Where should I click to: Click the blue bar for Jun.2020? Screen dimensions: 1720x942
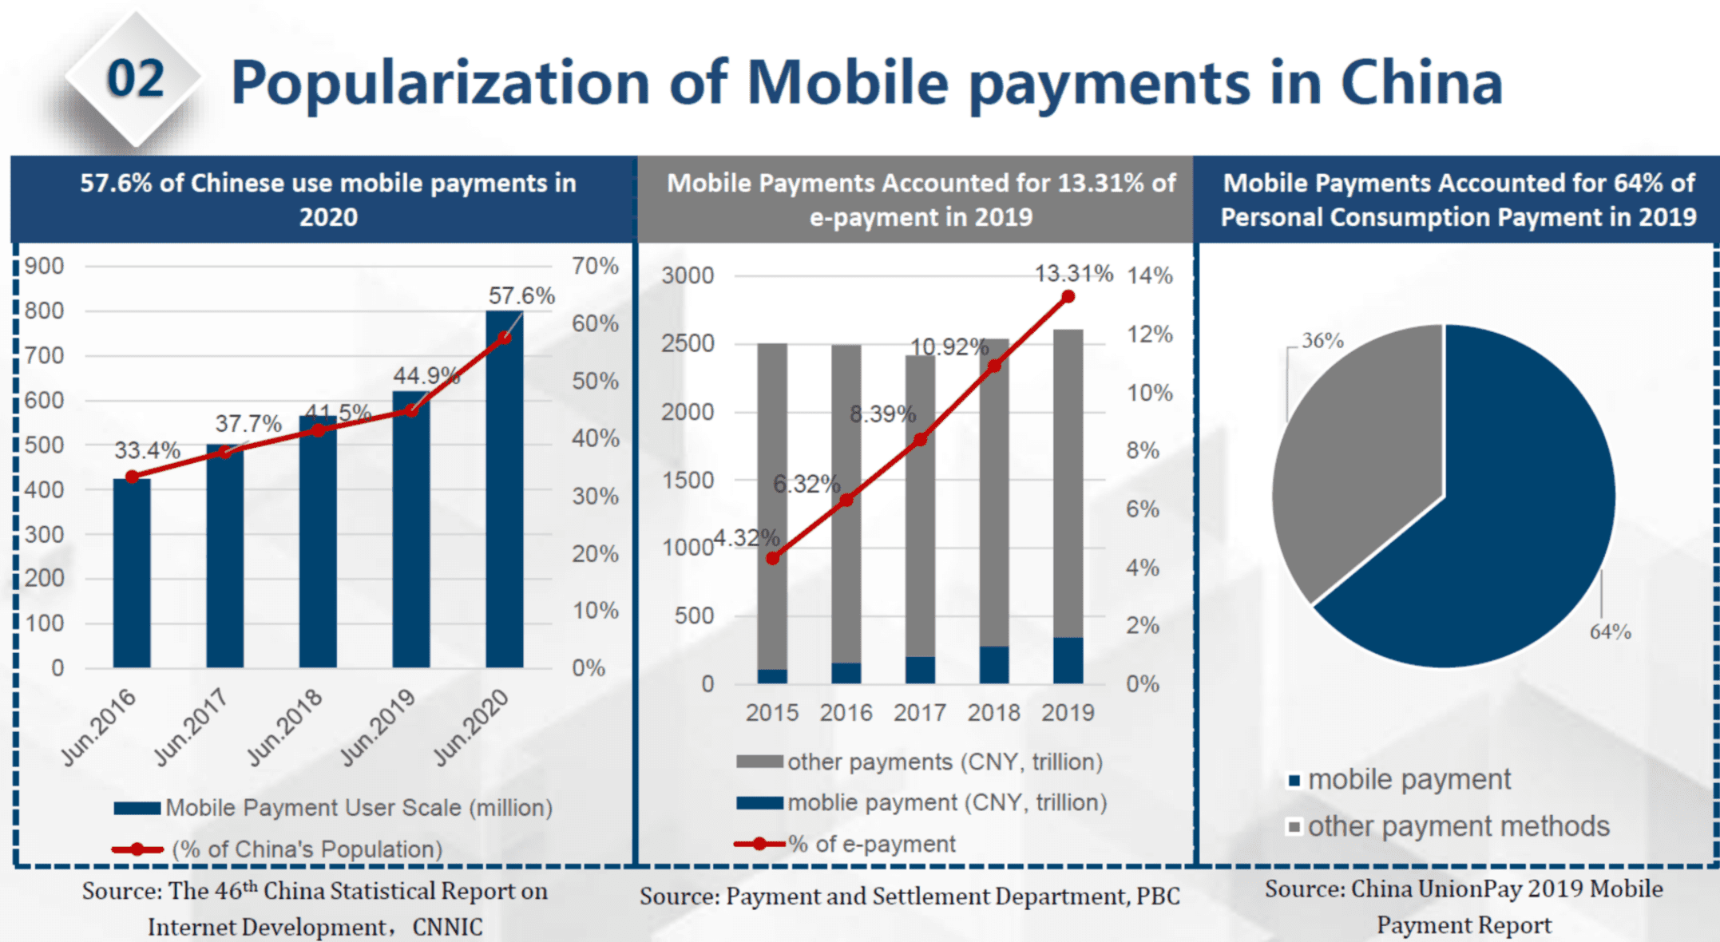(505, 489)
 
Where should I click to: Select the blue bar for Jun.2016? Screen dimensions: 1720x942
(132, 572)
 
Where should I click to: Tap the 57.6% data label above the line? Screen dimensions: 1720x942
(521, 295)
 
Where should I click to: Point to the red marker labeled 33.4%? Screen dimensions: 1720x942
(133, 477)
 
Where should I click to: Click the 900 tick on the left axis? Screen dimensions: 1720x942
(44, 266)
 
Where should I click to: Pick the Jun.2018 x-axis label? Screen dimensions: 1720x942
(285, 726)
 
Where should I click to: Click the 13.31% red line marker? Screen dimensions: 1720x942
(1068, 297)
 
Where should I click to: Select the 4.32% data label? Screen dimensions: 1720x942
(747, 538)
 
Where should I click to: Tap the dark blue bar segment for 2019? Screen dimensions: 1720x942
(1068, 660)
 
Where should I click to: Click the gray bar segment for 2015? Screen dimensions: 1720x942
(772, 506)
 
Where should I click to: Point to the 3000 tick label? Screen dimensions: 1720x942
(688, 275)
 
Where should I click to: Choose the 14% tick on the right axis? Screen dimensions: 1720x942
(1150, 275)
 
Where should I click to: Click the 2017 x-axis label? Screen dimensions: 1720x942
(920, 712)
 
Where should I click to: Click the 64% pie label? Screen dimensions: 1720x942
(1610, 631)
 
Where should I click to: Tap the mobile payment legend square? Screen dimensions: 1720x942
(1294, 780)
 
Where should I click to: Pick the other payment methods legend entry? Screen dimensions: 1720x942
(1449, 826)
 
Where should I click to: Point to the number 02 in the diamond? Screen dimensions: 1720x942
(136, 79)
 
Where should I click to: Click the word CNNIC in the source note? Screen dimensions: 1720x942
(447, 927)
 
